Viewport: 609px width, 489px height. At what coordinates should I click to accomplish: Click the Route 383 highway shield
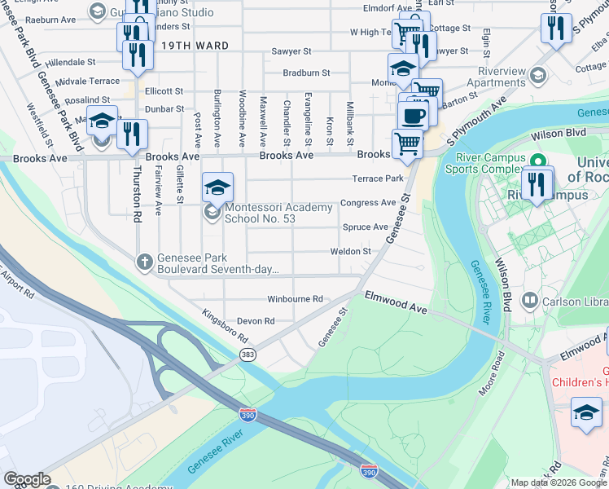pos(248,355)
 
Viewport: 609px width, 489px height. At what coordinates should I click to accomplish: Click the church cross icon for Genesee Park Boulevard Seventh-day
pos(144,262)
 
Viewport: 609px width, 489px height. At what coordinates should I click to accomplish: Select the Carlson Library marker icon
pos(530,301)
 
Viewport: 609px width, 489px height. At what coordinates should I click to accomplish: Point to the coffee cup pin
pos(413,114)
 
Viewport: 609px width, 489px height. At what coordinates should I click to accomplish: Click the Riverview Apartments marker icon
pos(537,76)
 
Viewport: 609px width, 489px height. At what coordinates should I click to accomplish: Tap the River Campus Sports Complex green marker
pos(537,161)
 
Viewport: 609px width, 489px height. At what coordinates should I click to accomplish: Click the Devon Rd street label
pos(256,321)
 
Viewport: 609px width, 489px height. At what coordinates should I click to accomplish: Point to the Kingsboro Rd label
pos(224,325)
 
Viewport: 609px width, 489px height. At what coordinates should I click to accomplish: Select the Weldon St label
pos(350,252)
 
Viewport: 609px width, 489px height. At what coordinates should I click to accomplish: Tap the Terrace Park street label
pos(378,178)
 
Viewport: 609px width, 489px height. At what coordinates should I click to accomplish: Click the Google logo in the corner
pos(27,479)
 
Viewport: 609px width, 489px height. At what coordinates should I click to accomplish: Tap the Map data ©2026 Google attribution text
pos(559,482)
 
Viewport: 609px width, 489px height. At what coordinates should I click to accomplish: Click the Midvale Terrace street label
pos(91,81)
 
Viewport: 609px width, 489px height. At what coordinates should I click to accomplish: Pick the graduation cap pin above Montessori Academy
pos(217,187)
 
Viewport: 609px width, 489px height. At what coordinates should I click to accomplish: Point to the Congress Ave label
pos(368,203)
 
